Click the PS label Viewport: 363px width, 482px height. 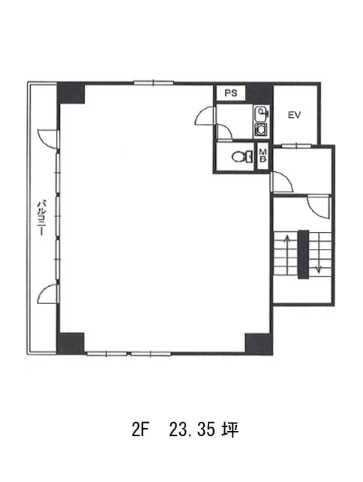[231, 93]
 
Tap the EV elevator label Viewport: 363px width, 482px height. [294, 115]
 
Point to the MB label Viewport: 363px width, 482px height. [263, 156]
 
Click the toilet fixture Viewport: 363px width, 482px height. [242, 157]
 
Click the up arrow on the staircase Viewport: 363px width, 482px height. [288, 255]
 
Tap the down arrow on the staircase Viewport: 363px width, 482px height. [319, 253]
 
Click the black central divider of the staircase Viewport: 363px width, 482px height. [304, 255]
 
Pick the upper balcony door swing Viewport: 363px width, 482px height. [47, 139]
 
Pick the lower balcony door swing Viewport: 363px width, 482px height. [47, 294]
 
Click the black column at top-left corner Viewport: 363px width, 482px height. [71, 93]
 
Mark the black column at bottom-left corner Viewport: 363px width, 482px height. [71, 343]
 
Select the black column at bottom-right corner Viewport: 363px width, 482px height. [259, 344]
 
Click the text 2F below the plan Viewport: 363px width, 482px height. [140, 430]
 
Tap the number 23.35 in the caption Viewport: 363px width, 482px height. [192, 430]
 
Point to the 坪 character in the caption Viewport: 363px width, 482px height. [230, 430]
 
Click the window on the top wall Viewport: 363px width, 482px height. [154, 83]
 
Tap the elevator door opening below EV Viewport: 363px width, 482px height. [296, 146]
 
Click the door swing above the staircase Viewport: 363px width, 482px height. [319, 206]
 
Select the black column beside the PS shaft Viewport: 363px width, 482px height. [259, 93]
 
